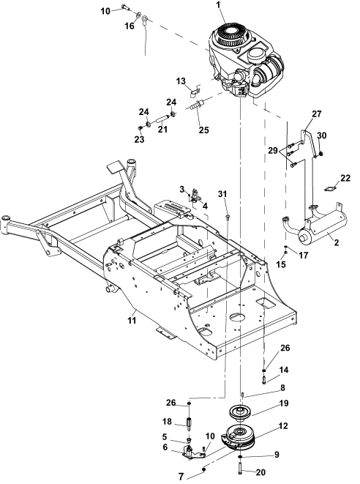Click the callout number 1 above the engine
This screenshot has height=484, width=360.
pyautogui.click(x=219, y=5)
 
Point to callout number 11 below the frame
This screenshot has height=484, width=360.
pyautogui.click(x=132, y=321)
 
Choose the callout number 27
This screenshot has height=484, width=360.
pyautogui.click(x=317, y=114)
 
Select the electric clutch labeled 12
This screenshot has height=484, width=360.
pyautogui.click(x=238, y=438)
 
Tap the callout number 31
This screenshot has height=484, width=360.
pyautogui.click(x=222, y=194)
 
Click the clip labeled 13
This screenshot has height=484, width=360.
pyautogui.click(x=195, y=92)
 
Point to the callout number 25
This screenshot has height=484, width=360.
pyautogui.click(x=203, y=130)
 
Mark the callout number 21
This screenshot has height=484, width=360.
pyautogui.click(x=162, y=129)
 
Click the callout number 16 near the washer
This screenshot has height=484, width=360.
pyautogui.click(x=130, y=26)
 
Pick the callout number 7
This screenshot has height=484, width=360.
pyautogui.click(x=181, y=477)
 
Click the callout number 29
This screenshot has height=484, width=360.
pyautogui.click(x=273, y=151)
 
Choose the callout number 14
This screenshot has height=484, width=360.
pyautogui.click(x=284, y=370)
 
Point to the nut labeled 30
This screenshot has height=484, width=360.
pyautogui.click(x=321, y=153)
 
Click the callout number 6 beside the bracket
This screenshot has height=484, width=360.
pyautogui.click(x=165, y=447)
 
